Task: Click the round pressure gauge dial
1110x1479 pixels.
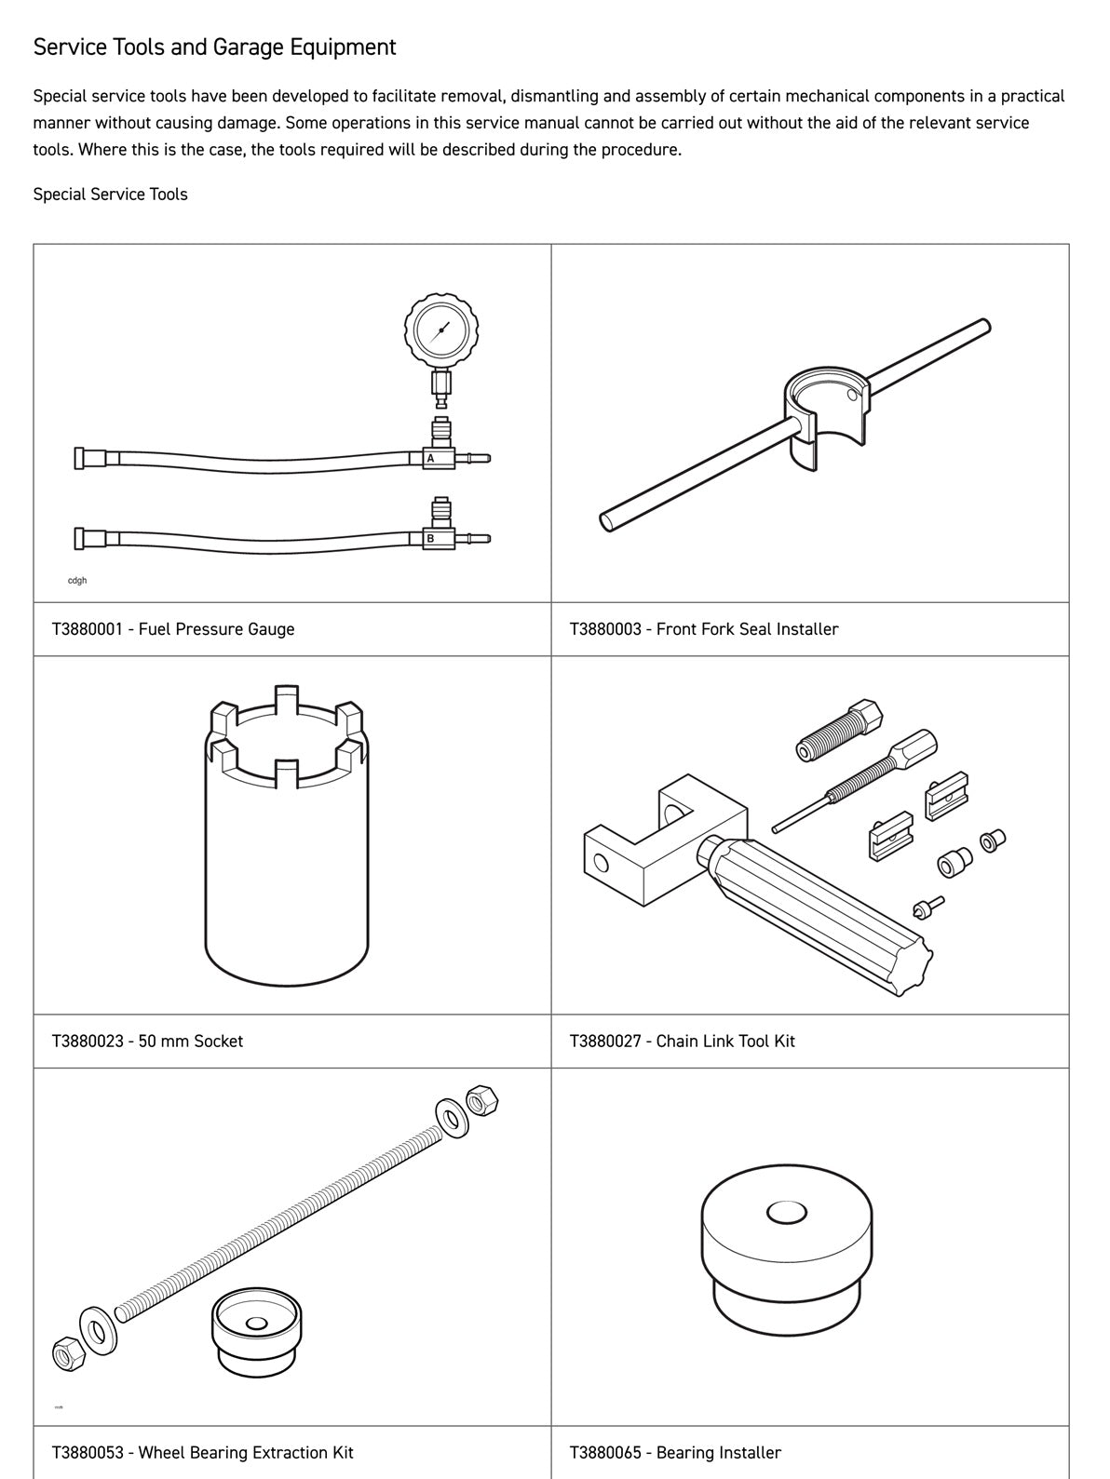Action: click(440, 329)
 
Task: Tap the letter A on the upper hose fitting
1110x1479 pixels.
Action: click(430, 458)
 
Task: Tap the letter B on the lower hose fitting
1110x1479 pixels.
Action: click(430, 538)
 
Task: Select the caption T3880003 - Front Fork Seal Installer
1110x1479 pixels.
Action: click(703, 629)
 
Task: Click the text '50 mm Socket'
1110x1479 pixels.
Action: click(190, 1041)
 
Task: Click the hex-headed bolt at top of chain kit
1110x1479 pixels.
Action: click(838, 731)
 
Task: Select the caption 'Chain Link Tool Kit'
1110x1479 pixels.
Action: click(724, 1041)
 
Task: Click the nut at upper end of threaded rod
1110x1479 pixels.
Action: click(481, 1100)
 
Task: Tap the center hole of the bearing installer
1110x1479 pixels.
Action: click(786, 1213)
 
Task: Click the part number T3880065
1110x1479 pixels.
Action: click(604, 1452)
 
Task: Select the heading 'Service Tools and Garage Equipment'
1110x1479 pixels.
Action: click(214, 47)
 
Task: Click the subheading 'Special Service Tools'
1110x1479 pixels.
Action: click(110, 195)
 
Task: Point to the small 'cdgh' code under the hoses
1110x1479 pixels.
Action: click(77, 581)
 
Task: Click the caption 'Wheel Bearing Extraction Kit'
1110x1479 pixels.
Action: click(246, 1452)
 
